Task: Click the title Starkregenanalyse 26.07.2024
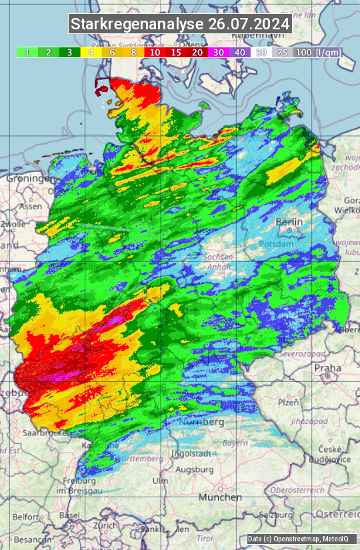tap(180, 25)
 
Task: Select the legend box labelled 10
tap(155, 52)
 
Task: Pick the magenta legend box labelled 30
tap(217, 52)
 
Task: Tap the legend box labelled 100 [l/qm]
tap(316, 52)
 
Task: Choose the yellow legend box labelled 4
tap(90, 52)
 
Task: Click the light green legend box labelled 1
tap(27, 52)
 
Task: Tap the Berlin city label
tap(289, 222)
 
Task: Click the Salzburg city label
tap(277, 515)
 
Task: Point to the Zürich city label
tap(105, 525)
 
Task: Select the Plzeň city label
tap(288, 402)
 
